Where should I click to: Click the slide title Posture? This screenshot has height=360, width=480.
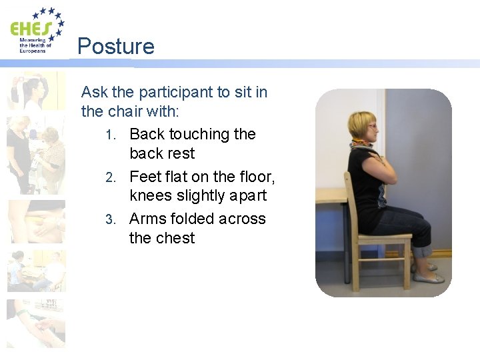(x=115, y=46)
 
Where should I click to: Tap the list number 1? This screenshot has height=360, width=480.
(x=111, y=135)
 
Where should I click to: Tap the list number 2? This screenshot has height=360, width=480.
(x=111, y=177)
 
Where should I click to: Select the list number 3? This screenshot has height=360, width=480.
(x=111, y=219)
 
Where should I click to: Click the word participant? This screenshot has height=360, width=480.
(x=183, y=92)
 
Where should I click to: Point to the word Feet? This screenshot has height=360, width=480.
(x=145, y=177)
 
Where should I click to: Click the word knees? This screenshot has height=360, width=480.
(x=150, y=196)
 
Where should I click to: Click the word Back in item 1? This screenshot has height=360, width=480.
(x=147, y=134)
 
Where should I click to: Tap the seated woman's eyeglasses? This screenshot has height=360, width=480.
(x=371, y=126)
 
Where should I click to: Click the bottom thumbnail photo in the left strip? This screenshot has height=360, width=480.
(x=37, y=323)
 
